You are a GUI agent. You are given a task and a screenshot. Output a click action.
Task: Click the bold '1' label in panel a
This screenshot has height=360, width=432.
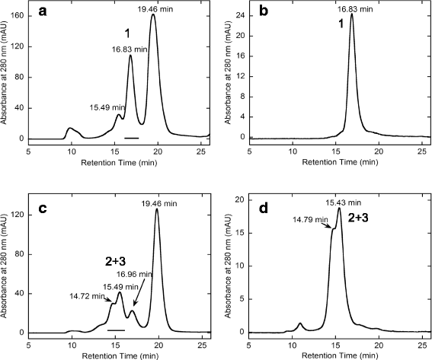click(128, 33)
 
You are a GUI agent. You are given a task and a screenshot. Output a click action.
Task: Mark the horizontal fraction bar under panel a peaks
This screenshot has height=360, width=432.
click(131, 138)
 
